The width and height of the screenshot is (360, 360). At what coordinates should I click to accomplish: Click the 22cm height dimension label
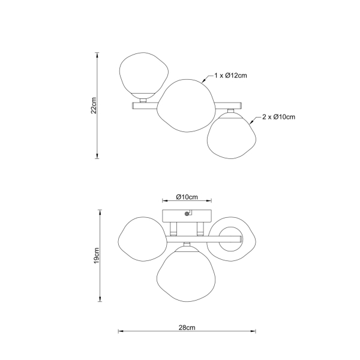(94, 106)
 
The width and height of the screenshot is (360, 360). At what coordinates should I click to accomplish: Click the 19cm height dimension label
(97, 256)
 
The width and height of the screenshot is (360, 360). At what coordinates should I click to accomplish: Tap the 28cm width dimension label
(187, 328)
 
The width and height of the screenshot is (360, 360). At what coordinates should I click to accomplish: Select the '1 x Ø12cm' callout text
(230, 76)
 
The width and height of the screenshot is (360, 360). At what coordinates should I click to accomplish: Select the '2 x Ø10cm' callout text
(279, 117)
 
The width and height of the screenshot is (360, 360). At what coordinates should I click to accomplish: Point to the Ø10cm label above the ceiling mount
(187, 197)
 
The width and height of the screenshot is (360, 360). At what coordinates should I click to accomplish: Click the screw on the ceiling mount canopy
(187, 214)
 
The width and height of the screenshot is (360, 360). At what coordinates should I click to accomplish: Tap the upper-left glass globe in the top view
(144, 75)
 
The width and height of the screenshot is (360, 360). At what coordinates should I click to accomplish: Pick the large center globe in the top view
(186, 106)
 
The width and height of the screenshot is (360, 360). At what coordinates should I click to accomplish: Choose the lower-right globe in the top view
(232, 136)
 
